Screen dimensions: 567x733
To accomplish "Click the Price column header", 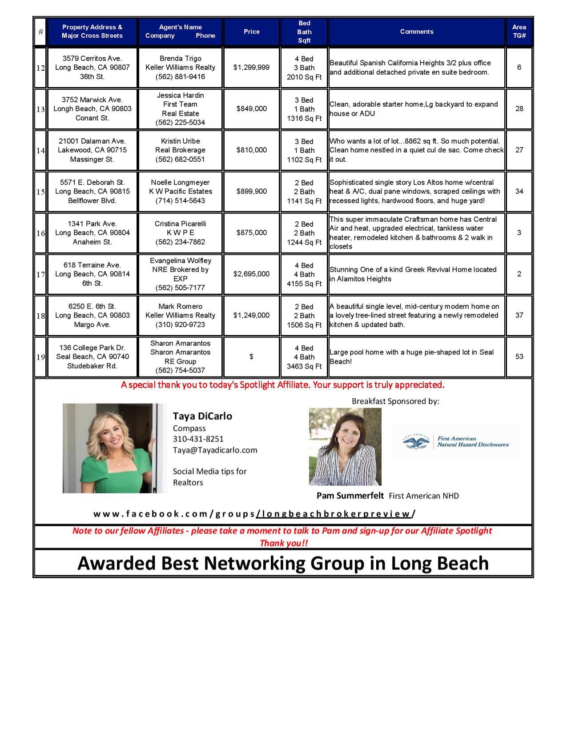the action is tap(251, 32).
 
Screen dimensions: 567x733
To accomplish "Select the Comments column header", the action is tap(416, 32).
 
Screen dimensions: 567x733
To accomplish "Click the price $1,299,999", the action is tap(251, 68).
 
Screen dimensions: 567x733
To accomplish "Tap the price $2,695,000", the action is tap(251, 274).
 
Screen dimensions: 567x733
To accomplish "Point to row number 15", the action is tap(40, 192).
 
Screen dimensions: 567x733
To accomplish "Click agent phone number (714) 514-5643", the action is tap(180, 201).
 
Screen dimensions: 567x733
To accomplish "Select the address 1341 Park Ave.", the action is tap(92, 224).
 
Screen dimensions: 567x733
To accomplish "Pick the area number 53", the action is tap(519, 357).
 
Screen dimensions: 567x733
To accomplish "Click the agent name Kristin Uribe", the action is tap(180, 141).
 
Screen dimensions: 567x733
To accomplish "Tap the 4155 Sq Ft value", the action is tap(304, 284).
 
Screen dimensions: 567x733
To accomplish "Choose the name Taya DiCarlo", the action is tap(202, 416).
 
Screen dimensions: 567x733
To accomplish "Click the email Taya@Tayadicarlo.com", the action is tap(215, 450).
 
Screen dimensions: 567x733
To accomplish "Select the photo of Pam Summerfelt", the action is tap(345, 447).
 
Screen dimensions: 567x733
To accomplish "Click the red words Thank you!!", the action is tap(283, 543).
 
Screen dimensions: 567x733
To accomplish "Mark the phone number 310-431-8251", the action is tap(198, 439).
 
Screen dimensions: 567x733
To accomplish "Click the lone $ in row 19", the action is tap(251, 357).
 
